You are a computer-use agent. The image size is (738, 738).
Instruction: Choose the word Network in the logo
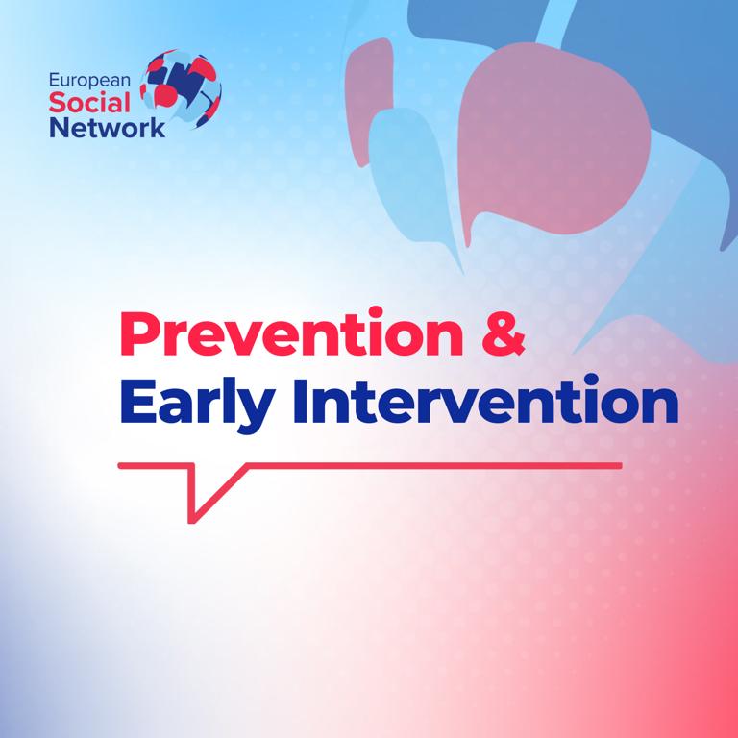106,127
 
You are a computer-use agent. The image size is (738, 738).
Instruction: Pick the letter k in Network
157,127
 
